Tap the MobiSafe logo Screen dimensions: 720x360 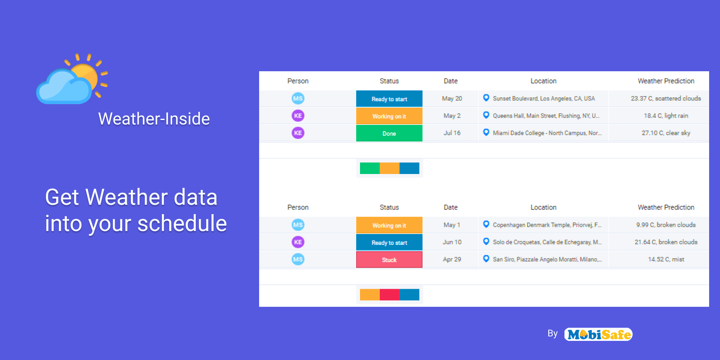[598, 334]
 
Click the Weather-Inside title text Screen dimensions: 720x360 [154, 119]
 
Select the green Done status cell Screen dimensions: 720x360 [389, 133]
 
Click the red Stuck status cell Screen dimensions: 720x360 [389, 259]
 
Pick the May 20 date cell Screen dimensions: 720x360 [452, 98]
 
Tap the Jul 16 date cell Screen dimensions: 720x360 [452, 133]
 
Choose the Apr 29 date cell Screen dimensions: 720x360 [452, 259]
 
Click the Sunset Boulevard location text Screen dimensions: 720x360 [544, 98]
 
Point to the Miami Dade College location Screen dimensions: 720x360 [547, 133]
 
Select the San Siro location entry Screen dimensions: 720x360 [547, 259]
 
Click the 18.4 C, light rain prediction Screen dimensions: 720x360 [666, 115]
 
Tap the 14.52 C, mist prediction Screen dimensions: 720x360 [666, 259]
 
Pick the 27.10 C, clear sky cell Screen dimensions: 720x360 [666, 133]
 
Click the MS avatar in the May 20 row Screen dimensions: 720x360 [298, 98]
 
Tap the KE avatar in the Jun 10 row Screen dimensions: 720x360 [298, 242]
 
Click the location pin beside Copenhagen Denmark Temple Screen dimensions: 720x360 [486, 224]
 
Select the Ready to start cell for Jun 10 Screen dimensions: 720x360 [389, 242]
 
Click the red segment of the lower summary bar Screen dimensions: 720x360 [390, 294]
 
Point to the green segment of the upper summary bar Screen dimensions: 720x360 [370, 168]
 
